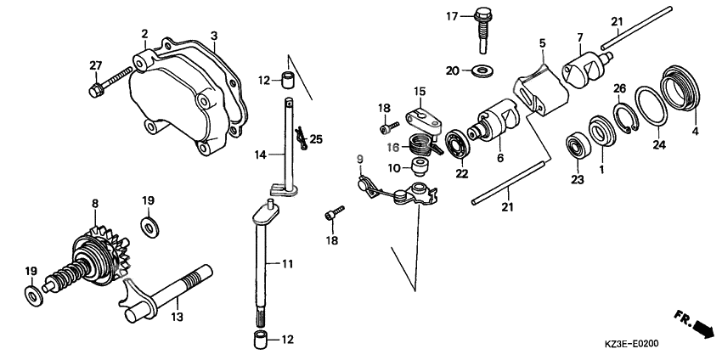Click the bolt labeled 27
110,82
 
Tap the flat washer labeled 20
482,70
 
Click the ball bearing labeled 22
457,146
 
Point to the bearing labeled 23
577,145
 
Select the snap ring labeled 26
625,118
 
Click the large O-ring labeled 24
651,105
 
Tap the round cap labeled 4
680,88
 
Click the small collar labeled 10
419,166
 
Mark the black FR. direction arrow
702,329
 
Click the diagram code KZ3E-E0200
631,343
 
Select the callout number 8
95,203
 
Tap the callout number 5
542,44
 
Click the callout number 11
287,264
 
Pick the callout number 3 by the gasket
214,36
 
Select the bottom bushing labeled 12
260,340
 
